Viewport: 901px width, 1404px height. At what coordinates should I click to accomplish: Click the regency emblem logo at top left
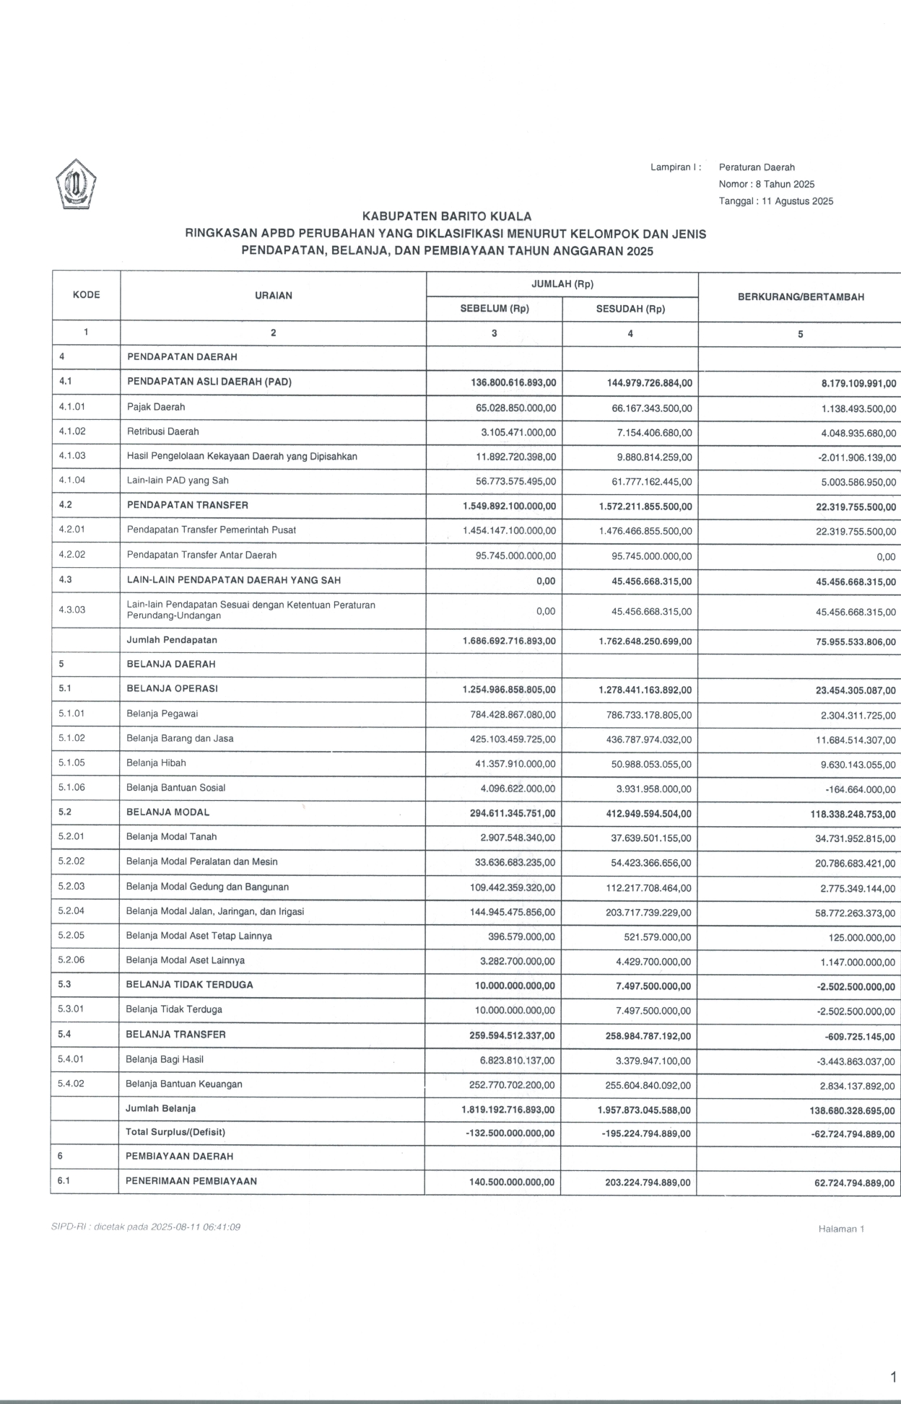77,185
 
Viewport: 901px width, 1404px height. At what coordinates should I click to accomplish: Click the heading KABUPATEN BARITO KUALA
446,216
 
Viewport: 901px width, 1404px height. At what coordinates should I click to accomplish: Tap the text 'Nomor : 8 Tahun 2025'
766,184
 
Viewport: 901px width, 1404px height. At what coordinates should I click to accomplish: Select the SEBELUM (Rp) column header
495,309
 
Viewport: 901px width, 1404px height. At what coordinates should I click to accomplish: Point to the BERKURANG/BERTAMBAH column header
800,297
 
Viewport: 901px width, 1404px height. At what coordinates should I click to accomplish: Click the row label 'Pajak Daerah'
156,407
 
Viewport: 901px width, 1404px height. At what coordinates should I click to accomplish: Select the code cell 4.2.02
72,555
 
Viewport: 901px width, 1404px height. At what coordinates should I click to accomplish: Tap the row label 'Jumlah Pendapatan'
172,640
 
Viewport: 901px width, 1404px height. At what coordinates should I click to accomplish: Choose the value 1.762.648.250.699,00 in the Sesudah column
645,641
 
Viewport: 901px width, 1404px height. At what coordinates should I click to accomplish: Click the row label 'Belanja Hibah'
156,763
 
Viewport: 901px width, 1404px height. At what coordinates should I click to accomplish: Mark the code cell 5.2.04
71,911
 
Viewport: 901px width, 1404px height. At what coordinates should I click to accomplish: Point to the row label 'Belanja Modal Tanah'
171,837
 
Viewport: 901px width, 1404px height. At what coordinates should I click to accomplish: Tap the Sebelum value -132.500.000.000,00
510,1133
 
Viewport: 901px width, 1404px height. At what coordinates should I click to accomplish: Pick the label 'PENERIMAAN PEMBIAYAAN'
191,1181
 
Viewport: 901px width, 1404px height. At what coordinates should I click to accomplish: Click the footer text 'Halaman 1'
841,1229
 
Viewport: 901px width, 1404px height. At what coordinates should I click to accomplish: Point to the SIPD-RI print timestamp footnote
145,1227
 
